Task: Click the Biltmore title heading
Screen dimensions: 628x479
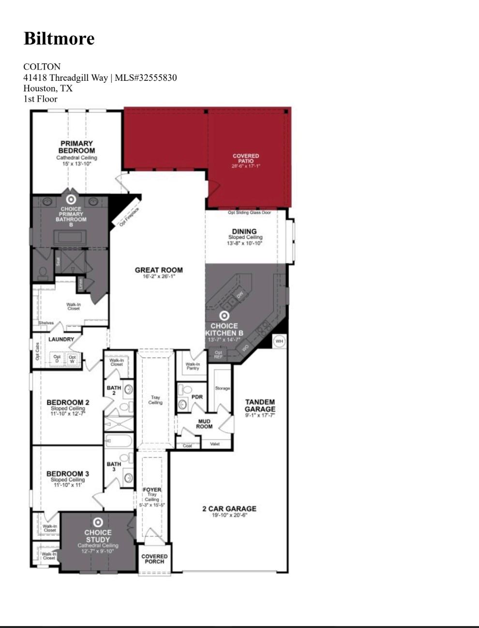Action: [x=59, y=38]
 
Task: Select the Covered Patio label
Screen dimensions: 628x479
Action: [x=246, y=158]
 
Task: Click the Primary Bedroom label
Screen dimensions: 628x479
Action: [x=77, y=147]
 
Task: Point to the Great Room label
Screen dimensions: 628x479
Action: [x=159, y=270]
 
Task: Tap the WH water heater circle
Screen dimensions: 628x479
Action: [x=279, y=341]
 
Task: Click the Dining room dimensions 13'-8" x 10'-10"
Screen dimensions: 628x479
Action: [x=245, y=243]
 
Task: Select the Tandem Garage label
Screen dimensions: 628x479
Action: [x=260, y=405]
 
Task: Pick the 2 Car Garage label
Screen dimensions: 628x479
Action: [x=229, y=508]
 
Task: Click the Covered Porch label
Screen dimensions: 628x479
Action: [x=154, y=559]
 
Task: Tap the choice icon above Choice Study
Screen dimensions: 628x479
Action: [x=98, y=522]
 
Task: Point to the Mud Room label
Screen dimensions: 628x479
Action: [x=204, y=424]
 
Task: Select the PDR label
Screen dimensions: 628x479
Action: [x=197, y=397]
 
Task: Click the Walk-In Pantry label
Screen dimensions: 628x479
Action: [x=193, y=366]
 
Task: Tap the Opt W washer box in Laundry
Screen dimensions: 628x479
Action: [x=72, y=359]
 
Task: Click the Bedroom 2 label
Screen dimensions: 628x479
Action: [x=68, y=402]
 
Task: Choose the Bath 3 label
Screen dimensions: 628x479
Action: [x=114, y=466]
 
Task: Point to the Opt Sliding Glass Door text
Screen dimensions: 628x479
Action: [x=250, y=213]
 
